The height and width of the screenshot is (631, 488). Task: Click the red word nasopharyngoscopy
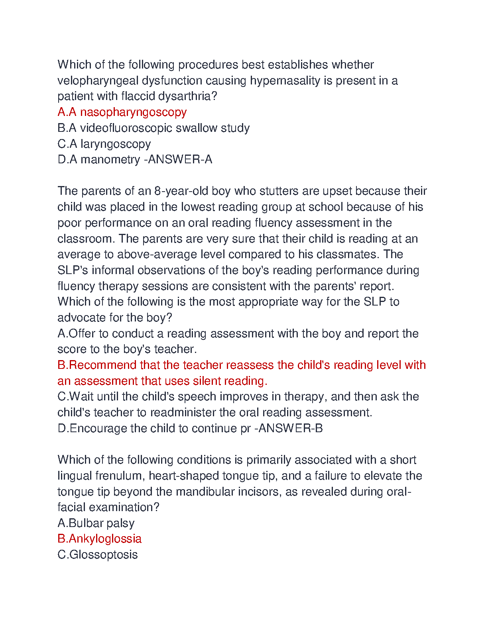tap(133, 112)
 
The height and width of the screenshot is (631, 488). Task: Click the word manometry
tap(110, 160)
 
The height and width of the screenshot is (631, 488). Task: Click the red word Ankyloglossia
tap(105, 539)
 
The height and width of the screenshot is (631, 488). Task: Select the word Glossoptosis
tap(103, 555)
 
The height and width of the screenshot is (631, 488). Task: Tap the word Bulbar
tap(81, 523)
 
